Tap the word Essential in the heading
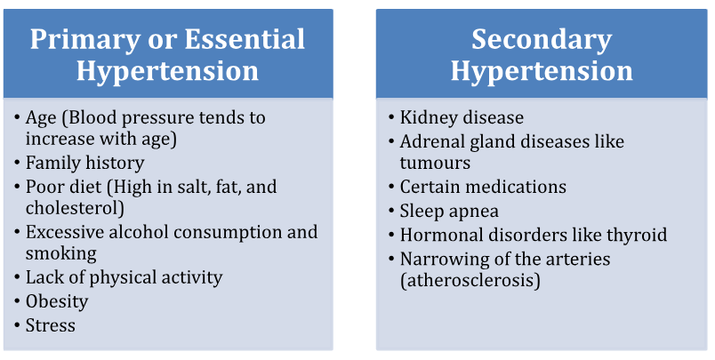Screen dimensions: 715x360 (x=245, y=39)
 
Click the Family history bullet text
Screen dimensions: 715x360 (x=84, y=164)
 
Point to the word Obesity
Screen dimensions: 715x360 (x=57, y=301)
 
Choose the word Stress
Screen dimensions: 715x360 (x=50, y=325)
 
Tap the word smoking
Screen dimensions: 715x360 (x=61, y=254)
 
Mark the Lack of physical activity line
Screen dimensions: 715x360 (x=124, y=278)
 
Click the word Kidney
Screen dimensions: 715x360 (x=428, y=117)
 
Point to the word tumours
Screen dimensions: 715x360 (x=435, y=164)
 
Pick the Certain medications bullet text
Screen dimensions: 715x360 (x=483, y=187)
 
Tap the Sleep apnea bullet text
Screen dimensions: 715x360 (x=449, y=211)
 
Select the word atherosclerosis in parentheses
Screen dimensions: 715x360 (x=470, y=280)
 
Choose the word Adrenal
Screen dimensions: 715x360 (x=430, y=141)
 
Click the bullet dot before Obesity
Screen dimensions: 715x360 (x=17, y=301)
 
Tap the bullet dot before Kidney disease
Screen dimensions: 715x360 (x=391, y=117)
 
